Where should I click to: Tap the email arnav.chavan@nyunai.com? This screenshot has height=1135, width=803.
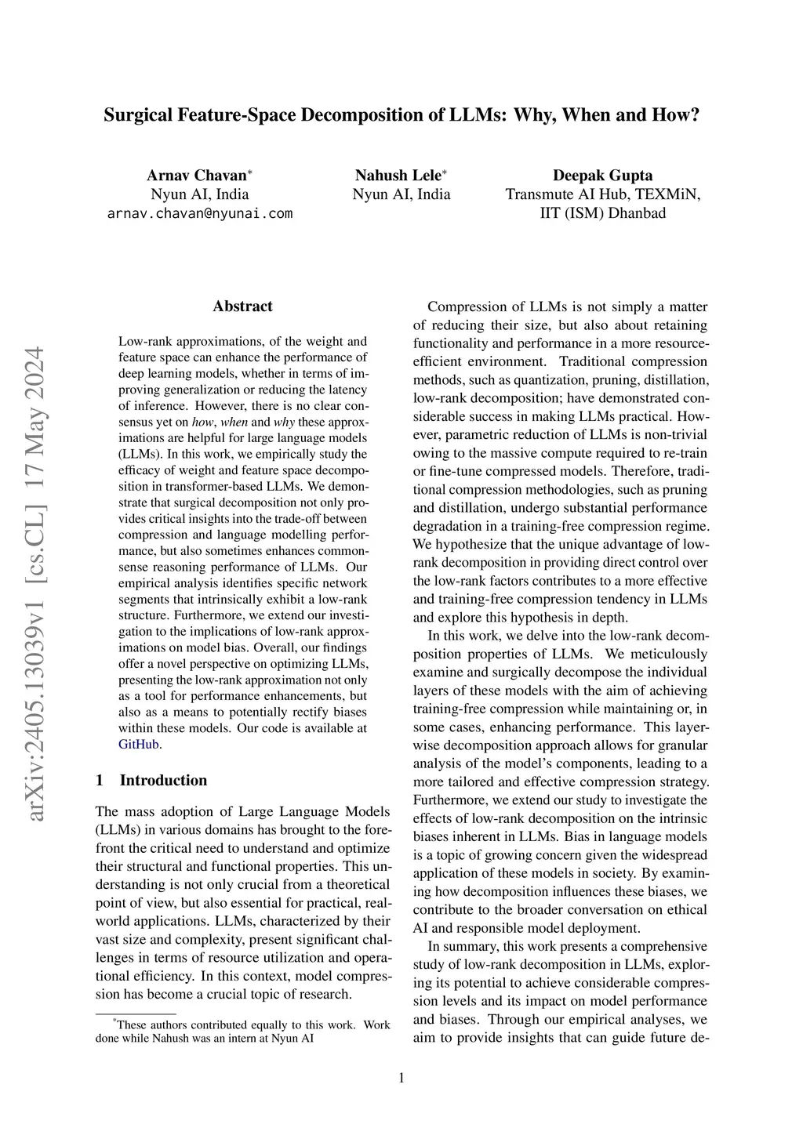point(200,213)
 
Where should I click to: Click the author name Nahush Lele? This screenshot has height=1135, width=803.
point(398,176)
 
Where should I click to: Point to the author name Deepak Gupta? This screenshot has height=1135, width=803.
point(602,176)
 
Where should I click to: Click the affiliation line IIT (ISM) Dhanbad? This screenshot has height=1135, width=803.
point(602,213)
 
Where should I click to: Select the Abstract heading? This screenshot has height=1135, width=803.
point(242,306)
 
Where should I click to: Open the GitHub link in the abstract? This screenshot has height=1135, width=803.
point(139,745)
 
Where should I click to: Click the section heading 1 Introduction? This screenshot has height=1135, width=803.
point(151,781)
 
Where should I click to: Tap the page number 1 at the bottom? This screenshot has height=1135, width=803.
point(401,1079)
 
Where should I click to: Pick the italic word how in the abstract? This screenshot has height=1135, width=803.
point(202,422)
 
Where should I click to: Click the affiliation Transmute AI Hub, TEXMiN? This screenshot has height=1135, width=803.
point(602,194)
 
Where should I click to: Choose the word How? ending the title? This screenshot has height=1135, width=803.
point(674,115)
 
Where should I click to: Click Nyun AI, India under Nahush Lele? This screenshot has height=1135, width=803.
point(401,194)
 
